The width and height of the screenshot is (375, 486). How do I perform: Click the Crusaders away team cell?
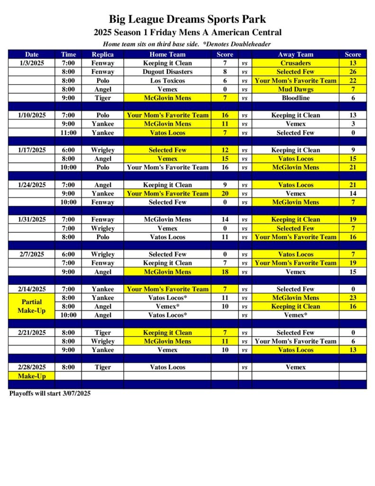pyautogui.click(x=295, y=63)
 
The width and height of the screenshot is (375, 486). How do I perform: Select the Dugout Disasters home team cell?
pyautogui.click(x=167, y=72)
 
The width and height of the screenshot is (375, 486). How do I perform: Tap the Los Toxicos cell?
pyautogui.click(x=167, y=81)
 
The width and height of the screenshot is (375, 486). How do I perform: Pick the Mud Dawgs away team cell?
pyautogui.click(x=295, y=89)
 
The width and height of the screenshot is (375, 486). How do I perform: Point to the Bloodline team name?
pyautogui.click(x=295, y=98)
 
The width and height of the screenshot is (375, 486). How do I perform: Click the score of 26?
pyautogui.click(x=353, y=72)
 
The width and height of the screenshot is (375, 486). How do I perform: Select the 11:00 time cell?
pyautogui.click(x=68, y=133)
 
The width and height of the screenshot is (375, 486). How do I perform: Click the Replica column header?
pyautogui.click(x=102, y=54)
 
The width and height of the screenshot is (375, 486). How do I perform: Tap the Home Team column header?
pyautogui.click(x=167, y=54)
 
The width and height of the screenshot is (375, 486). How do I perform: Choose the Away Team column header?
pyautogui.click(x=295, y=54)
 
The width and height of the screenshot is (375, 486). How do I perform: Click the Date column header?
pyautogui.click(x=32, y=54)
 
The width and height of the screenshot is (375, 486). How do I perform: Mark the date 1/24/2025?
pyautogui.click(x=32, y=185)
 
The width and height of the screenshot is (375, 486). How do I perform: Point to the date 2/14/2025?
pyautogui.click(x=32, y=289)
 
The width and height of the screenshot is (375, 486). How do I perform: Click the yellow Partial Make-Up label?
pyautogui.click(x=32, y=306)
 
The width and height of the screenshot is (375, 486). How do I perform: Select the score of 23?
pyautogui.click(x=353, y=298)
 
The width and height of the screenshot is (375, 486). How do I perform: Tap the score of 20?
pyautogui.click(x=225, y=194)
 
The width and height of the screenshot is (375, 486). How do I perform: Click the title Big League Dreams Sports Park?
pyautogui.click(x=187, y=19)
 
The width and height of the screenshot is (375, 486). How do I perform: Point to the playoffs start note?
pyautogui.click(x=50, y=393)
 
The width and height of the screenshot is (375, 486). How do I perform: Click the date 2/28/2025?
pyautogui.click(x=32, y=367)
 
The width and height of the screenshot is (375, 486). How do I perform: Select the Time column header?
pyautogui.click(x=68, y=54)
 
